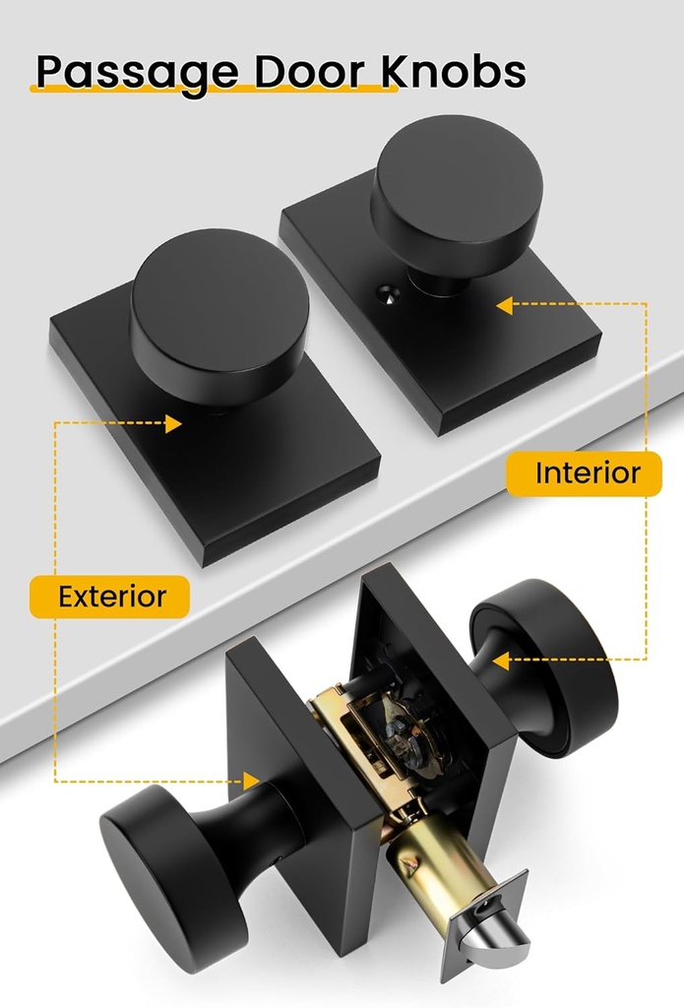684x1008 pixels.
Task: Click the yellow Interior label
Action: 588,472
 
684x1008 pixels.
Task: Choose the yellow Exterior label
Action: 110,597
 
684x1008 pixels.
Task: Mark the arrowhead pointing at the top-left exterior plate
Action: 174,424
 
